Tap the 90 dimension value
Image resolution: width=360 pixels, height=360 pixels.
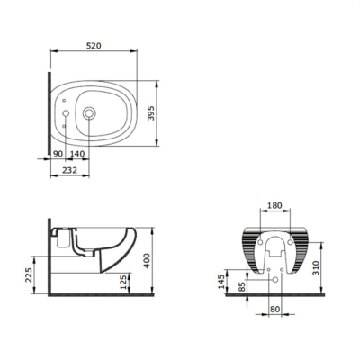(x=58, y=154)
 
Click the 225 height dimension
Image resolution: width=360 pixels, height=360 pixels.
(x=28, y=273)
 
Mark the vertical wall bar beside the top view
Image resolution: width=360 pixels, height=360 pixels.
(x=44, y=114)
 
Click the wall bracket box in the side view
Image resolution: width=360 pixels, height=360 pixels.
(x=61, y=239)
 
